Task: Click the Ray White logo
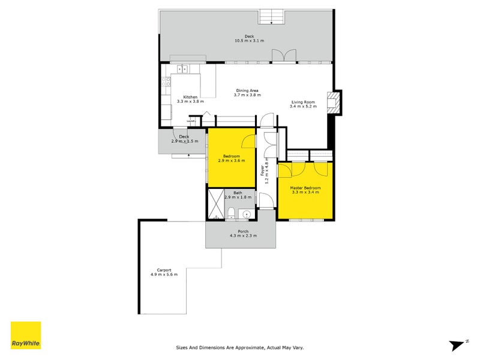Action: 26,335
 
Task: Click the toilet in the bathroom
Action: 232,211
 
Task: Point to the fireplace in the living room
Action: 332,103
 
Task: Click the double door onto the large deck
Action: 284,55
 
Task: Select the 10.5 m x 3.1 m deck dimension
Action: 250,41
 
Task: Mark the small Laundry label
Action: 191,122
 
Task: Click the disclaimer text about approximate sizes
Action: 243,347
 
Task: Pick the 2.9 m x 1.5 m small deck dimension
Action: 184,141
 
